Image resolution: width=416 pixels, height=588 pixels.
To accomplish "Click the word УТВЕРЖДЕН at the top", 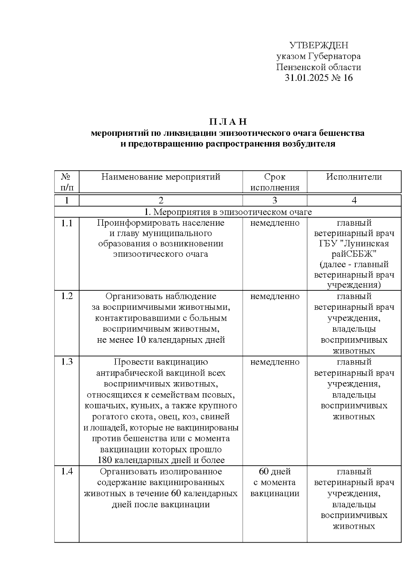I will (x=319, y=45).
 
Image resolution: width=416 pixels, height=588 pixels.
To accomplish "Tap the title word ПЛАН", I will (x=228, y=122).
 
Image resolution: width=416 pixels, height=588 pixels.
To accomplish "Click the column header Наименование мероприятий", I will (x=161, y=177).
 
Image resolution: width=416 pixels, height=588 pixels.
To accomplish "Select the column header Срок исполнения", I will (x=275, y=182).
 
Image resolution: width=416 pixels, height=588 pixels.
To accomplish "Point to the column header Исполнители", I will (x=354, y=177).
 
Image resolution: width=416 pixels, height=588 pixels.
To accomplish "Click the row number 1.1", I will (x=67, y=223).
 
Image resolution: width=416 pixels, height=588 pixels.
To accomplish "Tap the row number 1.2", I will (x=67, y=296).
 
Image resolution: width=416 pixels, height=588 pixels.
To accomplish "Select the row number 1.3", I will (x=67, y=362).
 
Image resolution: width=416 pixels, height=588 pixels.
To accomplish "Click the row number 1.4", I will (x=67, y=472).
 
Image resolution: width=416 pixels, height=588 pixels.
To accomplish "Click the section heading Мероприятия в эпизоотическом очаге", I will (x=232, y=212).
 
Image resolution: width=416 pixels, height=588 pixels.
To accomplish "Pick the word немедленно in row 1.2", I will (x=275, y=296).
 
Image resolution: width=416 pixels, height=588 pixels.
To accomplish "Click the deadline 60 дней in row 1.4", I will (x=275, y=472).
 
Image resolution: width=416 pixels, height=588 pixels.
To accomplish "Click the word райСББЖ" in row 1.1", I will (x=354, y=254).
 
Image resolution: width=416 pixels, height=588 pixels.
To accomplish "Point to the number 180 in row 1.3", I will (x=105, y=460).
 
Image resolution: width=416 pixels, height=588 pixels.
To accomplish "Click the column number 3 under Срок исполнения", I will (x=275, y=200).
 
